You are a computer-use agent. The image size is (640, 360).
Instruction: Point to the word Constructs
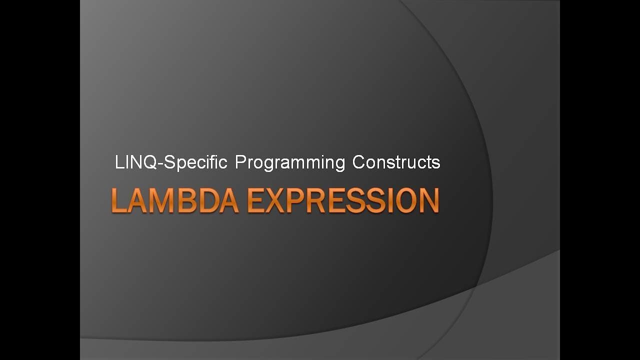click(x=396, y=162)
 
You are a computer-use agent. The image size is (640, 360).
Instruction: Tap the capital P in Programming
click(x=240, y=162)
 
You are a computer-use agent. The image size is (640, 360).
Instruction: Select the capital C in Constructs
click(x=358, y=162)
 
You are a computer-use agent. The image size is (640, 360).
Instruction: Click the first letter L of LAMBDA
click(x=118, y=200)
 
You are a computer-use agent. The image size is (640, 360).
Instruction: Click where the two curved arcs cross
click(x=475, y=286)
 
